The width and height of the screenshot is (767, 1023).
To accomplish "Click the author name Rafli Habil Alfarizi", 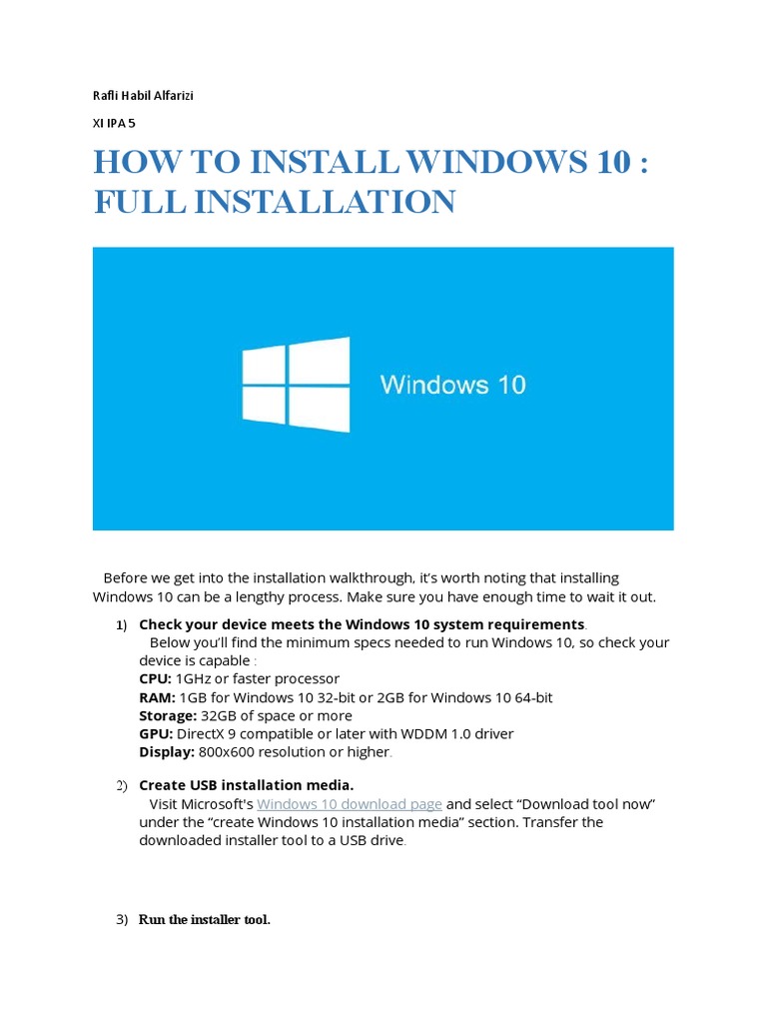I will point(142,96).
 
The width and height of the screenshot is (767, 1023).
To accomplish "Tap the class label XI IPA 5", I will point(114,124).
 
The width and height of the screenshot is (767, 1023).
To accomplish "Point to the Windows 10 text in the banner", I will point(452,385).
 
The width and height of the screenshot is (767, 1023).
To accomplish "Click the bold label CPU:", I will point(155,679).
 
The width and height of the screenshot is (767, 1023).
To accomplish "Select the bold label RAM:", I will point(157,697).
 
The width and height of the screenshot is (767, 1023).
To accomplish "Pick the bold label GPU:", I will point(155,733).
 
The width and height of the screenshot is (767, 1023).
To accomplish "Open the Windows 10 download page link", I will point(350,804).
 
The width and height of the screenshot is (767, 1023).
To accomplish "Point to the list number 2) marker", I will point(122,785).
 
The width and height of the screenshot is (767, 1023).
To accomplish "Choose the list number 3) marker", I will point(122,919).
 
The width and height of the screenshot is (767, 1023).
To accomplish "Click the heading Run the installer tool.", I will point(205,919).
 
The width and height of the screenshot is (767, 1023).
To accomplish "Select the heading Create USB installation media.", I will point(247,785).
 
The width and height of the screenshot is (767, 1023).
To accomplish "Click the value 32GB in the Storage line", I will point(219,715).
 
